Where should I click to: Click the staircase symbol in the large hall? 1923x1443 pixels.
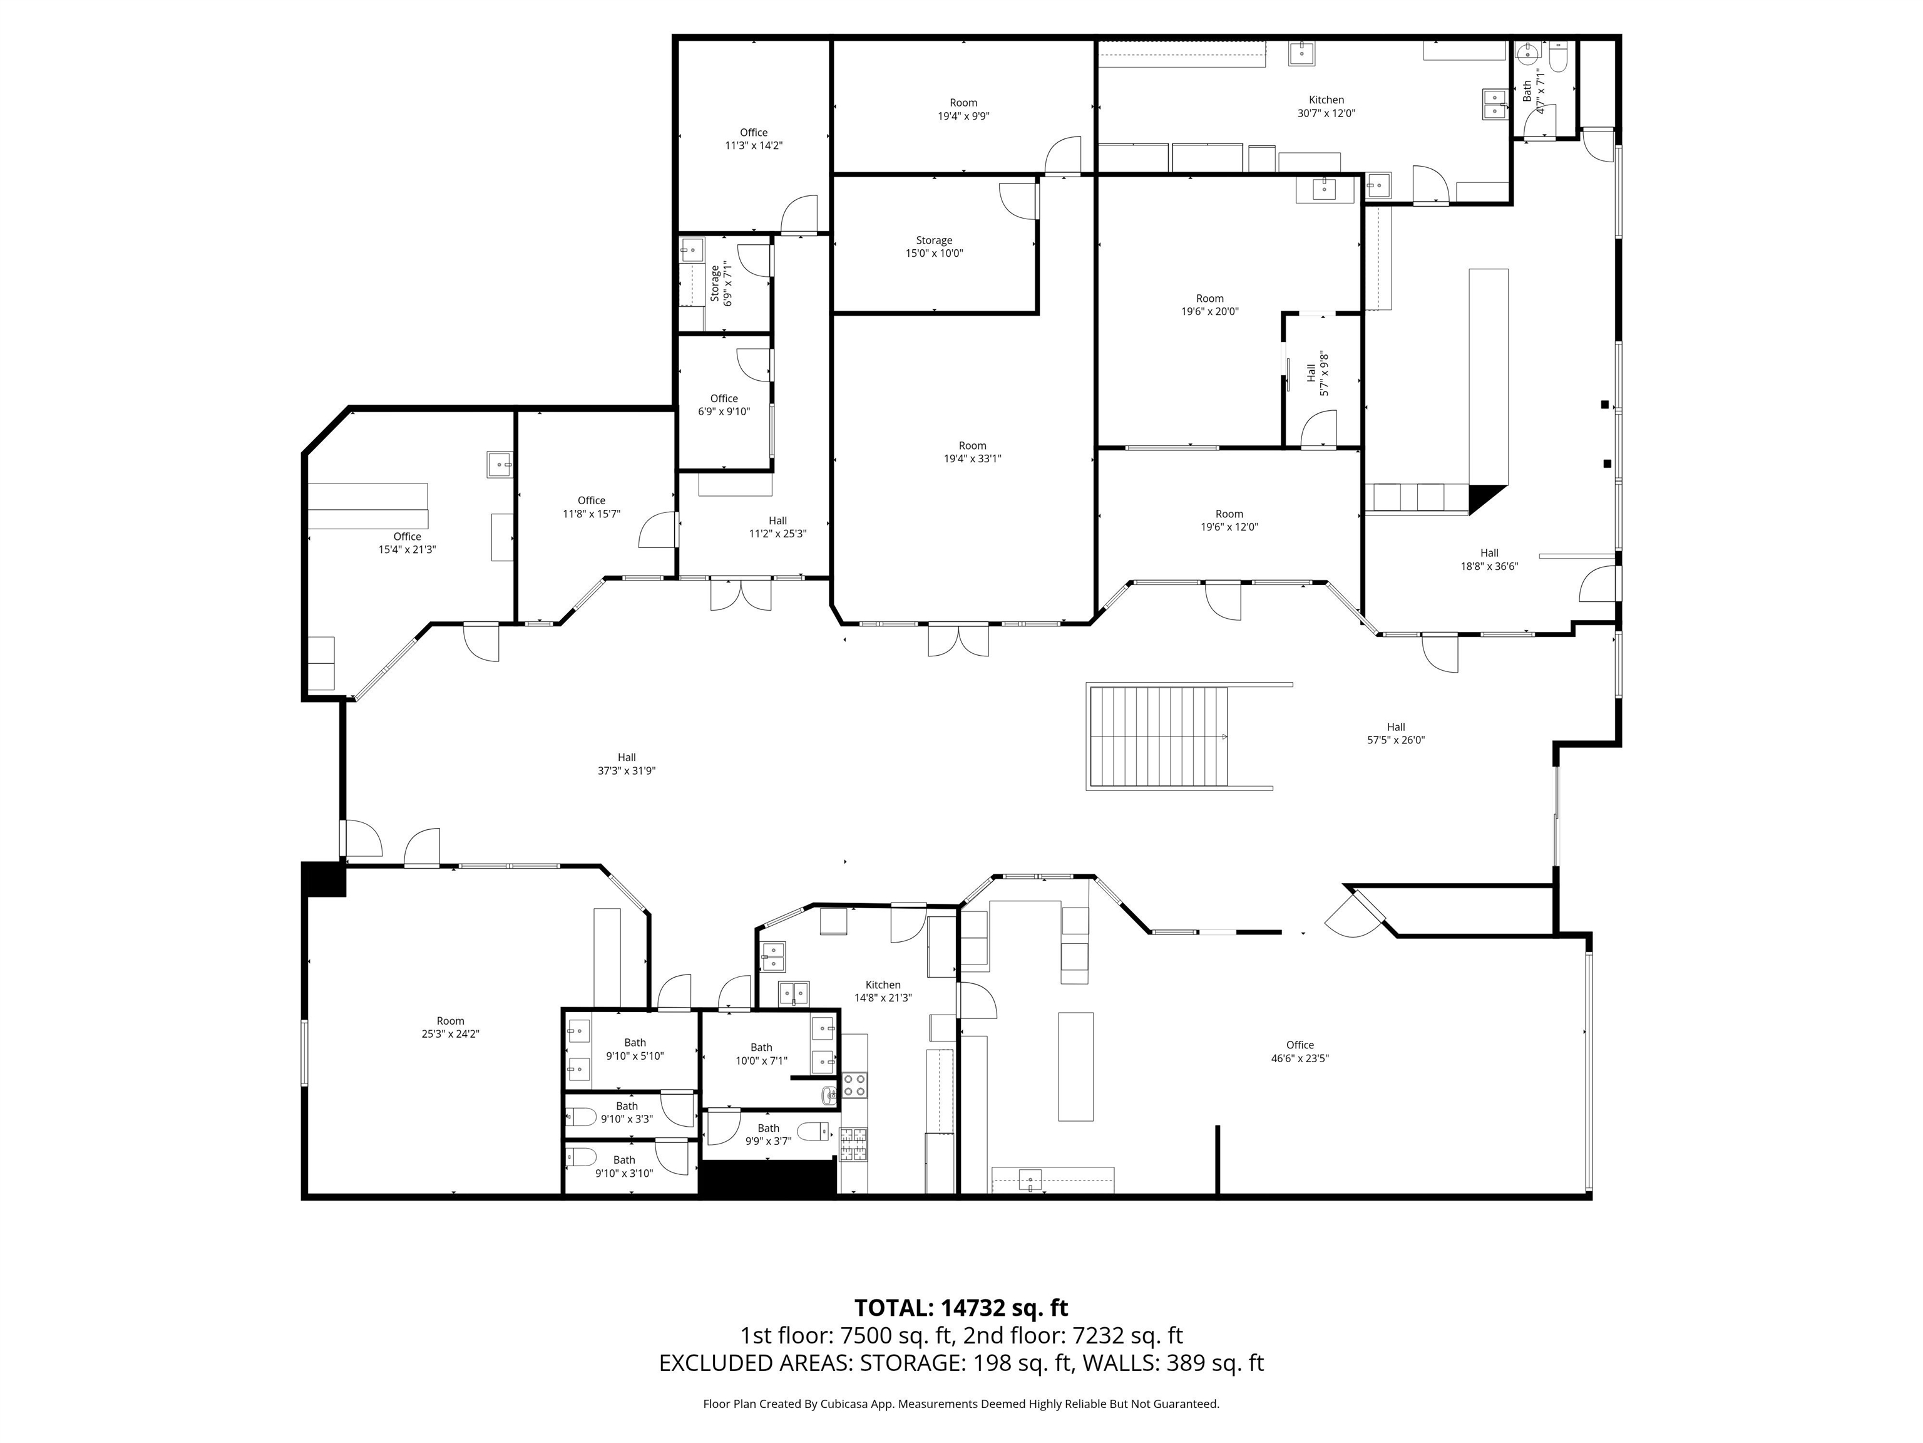point(1158,736)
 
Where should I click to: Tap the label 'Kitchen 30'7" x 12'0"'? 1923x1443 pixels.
point(1326,106)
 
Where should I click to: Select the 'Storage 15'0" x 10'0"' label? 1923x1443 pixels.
point(934,247)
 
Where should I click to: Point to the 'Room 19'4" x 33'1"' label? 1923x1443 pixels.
point(972,452)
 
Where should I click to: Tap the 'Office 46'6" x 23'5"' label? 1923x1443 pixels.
point(1300,1052)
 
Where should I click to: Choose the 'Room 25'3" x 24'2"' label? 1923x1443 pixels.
point(450,1027)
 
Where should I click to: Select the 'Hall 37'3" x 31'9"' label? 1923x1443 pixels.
point(626,763)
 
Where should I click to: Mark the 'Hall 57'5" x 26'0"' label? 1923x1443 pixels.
point(1395,733)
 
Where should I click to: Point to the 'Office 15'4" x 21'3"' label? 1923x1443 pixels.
point(407,543)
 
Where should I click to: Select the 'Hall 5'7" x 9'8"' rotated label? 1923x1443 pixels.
point(1317,373)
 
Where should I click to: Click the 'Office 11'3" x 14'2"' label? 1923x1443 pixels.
point(754,139)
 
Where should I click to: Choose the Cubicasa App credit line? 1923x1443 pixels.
point(961,1403)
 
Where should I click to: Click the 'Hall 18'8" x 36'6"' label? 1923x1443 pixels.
point(1489,559)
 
